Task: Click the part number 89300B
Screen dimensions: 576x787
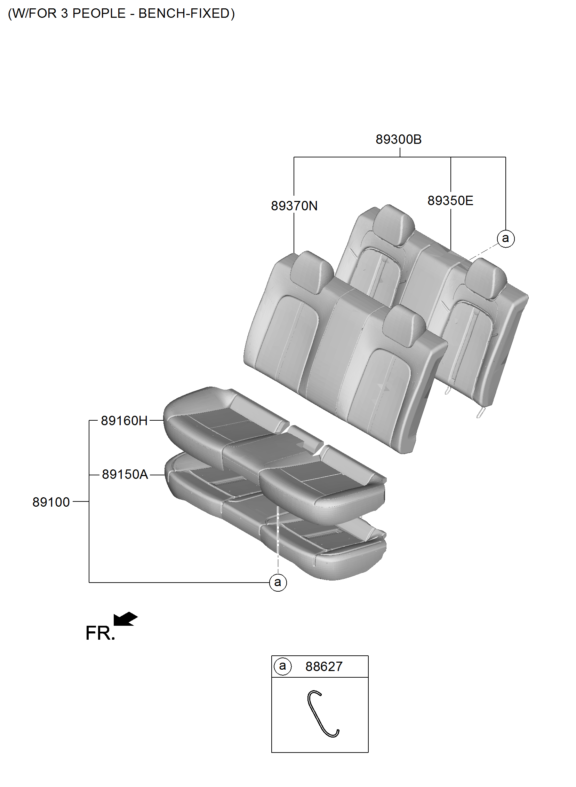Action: point(399,140)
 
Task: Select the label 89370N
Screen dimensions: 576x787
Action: point(294,206)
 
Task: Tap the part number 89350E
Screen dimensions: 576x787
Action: point(450,201)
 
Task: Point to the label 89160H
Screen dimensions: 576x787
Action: point(124,421)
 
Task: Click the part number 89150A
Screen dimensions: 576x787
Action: point(125,475)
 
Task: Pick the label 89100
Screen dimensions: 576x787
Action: point(51,502)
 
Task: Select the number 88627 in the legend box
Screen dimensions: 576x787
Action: point(324,667)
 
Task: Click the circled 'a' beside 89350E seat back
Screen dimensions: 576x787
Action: point(505,239)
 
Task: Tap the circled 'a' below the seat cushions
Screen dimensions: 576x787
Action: point(278,582)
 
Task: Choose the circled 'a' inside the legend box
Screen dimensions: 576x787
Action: point(282,666)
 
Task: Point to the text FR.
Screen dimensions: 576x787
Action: point(100,633)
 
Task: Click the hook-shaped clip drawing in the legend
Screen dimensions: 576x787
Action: point(322,714)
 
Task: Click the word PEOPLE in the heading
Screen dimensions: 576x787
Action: point(99,14)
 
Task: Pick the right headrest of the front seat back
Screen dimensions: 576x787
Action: point(405,325)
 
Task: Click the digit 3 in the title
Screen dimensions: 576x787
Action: point(64,14)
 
